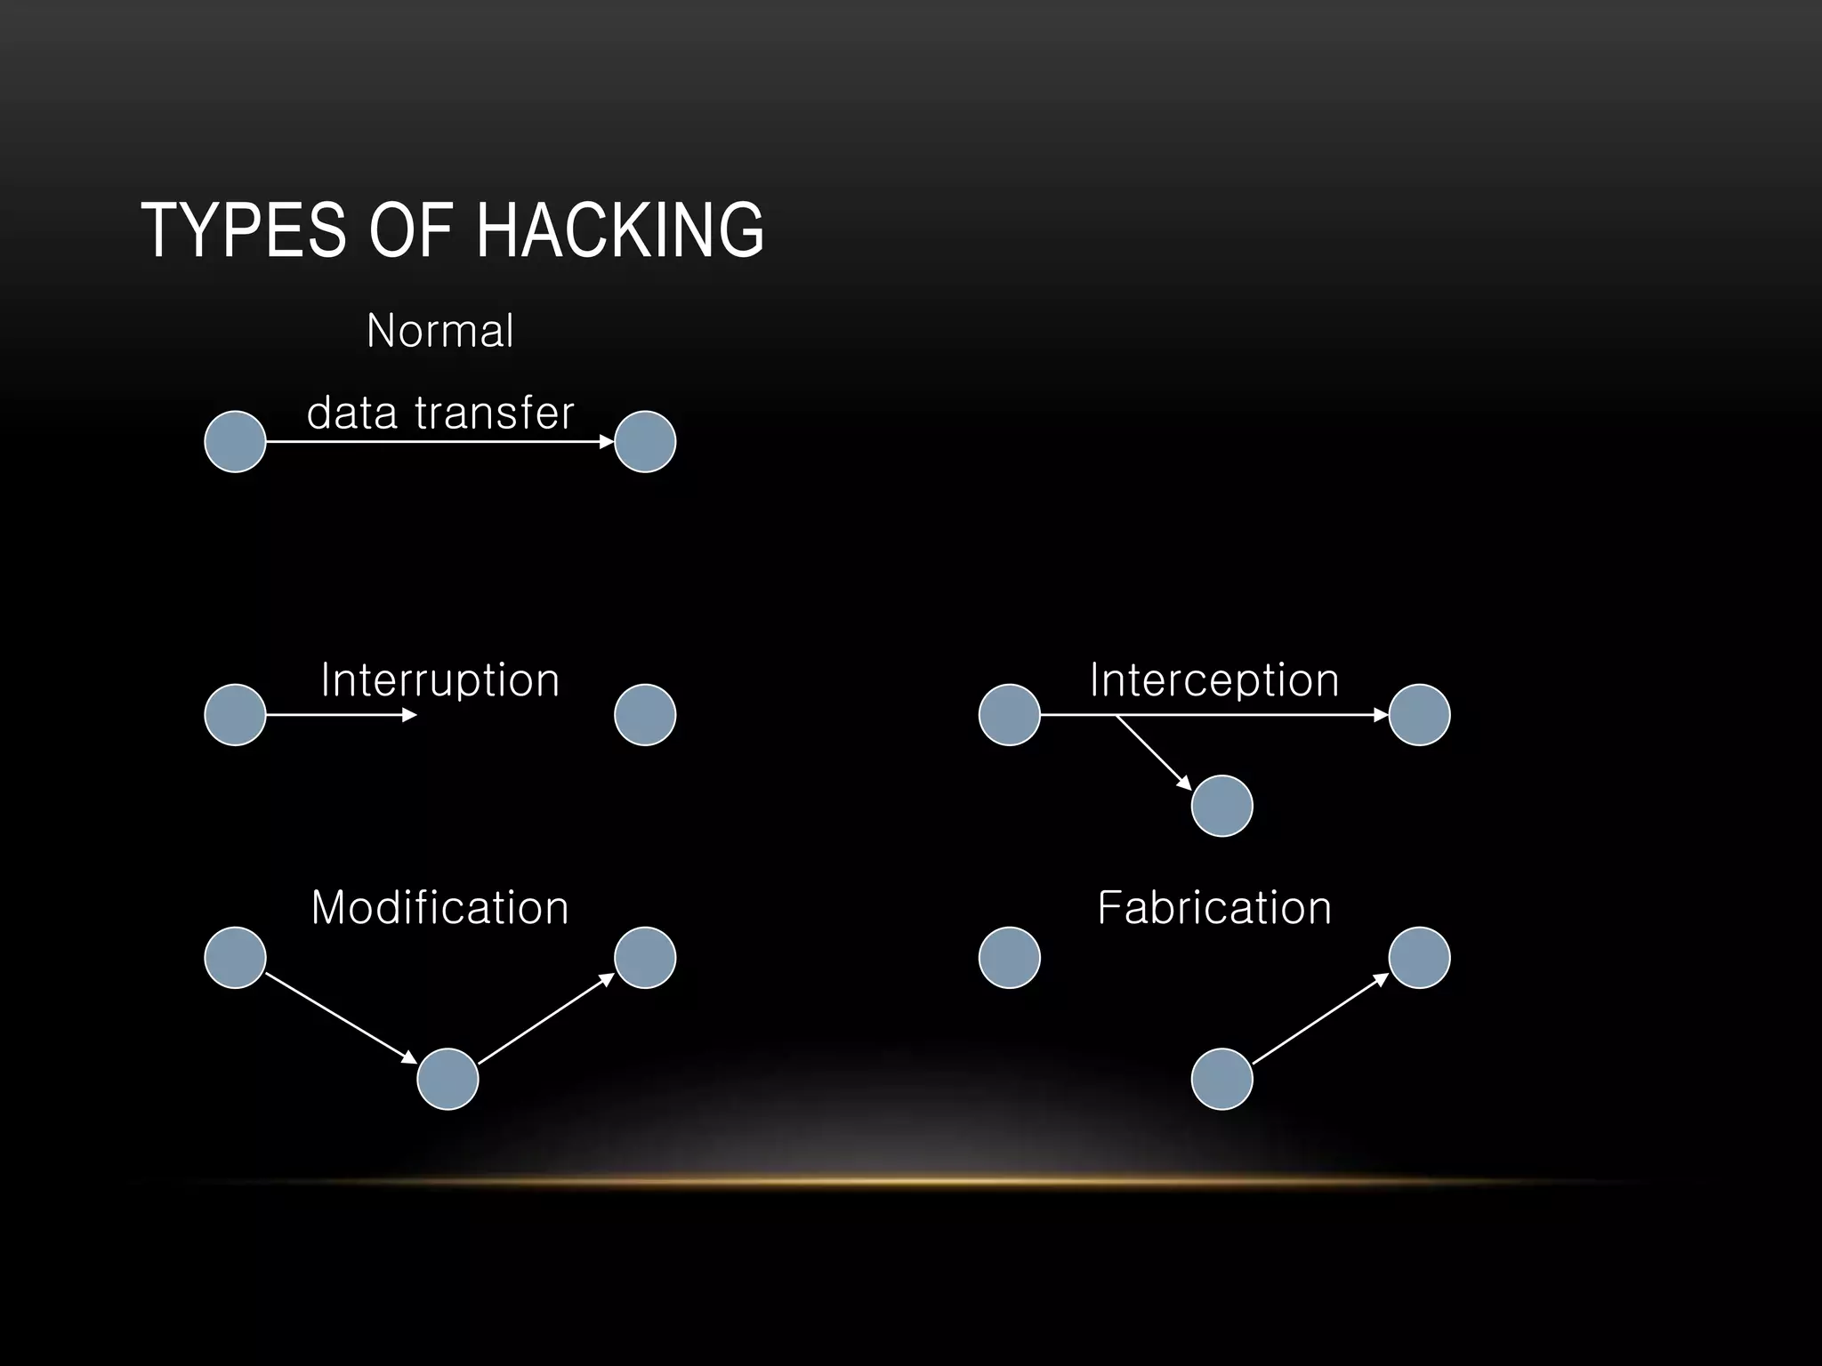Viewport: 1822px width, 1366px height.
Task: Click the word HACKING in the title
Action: pos(620,230)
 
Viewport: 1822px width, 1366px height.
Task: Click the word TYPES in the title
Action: pos(243,230)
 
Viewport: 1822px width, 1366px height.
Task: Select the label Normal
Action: pos(439,331)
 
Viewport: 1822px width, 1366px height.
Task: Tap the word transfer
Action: pos(495,413)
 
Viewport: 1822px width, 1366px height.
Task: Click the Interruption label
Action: pos(439,680)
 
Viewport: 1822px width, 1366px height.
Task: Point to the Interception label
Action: pos(1214,680)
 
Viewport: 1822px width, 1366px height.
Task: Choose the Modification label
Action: pos(439,908)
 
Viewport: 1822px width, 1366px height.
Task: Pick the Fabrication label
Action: pos(1214,908)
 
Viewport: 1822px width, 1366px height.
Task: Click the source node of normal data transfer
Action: pos(235,441)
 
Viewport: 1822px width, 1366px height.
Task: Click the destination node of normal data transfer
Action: pos(645,441)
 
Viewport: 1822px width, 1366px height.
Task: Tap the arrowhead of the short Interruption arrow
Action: pos(409,715)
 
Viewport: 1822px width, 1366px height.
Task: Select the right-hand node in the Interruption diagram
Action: pos(645,715)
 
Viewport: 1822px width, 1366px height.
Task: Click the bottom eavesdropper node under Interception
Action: pos(1221,806)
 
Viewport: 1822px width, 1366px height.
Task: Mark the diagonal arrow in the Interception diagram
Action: pos(1154,752)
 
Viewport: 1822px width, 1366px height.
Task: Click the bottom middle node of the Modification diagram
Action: pos(447,1079)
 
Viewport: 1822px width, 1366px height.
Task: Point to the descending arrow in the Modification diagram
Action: pos(341,1018)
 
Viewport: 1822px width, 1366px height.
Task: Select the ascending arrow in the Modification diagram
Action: pos(545,1019)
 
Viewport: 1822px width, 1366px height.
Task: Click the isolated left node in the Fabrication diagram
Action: pos(1009,958)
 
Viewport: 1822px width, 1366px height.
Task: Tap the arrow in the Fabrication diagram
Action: pos(1320,1019)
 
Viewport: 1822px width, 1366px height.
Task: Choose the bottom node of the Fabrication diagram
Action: pos(1221,1079)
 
